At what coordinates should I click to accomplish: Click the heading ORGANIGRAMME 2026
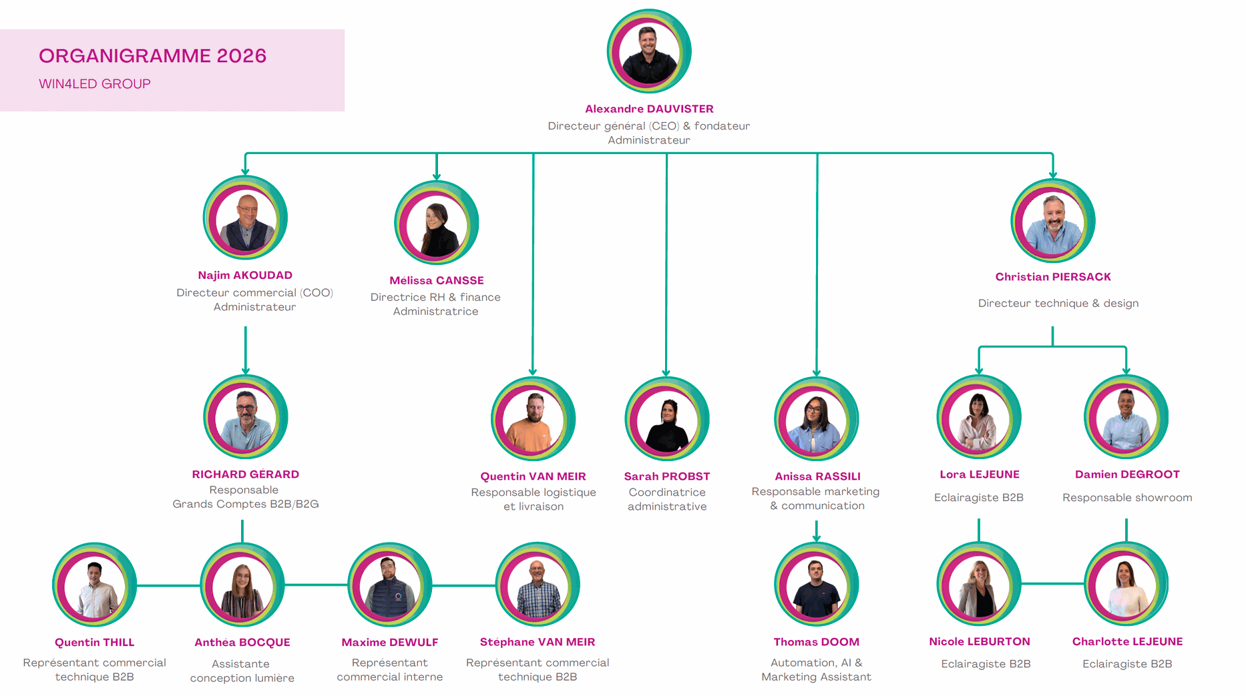[152, 56]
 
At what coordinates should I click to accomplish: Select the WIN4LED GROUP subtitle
[95, 84]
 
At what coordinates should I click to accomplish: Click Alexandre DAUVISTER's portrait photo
[648, 51]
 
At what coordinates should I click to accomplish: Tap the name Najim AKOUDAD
[245, 275]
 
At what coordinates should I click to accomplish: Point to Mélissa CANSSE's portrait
[436, 223]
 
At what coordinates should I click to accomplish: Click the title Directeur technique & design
[1058, 303]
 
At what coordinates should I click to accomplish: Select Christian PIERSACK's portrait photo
[1052, 221]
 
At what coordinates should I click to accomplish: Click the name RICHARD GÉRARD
[245, 474]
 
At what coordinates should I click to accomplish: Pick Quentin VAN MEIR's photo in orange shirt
[533, 419]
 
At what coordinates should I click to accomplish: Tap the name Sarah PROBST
[666, 476]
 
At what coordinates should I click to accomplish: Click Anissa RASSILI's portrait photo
[816, 419]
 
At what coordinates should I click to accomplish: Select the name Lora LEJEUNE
[979, 474]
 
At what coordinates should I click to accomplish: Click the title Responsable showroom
[1126, 498]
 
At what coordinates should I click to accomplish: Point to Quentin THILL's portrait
[95, 585]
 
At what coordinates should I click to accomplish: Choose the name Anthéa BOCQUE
[242, 643]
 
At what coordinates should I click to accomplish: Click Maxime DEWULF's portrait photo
[390, 585]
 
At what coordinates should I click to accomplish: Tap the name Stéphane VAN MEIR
[537, 642]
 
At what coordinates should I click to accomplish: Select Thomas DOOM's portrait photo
[816, 585]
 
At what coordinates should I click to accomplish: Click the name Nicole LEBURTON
[979, 642]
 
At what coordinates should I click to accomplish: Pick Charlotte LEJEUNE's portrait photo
[1126, 585]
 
